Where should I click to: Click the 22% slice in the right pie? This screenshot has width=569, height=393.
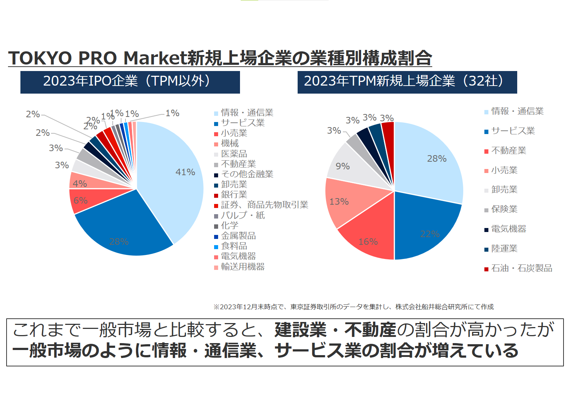(x=427, y=226)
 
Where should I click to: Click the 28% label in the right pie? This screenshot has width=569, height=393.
(x=437, y=159)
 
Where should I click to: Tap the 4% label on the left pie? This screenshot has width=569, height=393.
(x=80, y=184)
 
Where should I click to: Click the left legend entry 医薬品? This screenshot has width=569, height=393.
(x=234, y=154)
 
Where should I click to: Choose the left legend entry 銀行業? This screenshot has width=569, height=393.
(x=234, y=194)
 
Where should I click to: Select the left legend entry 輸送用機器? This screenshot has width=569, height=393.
(x=243, y=267)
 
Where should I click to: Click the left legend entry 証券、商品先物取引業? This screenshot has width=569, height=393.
(x=264, y=205)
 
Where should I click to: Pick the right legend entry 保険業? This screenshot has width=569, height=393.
(x=504, y=209)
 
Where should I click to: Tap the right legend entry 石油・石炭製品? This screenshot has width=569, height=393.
(x=522, y=268)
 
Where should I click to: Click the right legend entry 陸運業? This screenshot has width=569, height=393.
(x=504, y=249)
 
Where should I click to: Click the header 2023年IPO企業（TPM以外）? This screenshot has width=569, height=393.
(x=130, y=82)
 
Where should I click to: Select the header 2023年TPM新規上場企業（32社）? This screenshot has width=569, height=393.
(x=407, y=82)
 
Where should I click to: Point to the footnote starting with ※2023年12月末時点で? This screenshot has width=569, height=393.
(x=353, y=307)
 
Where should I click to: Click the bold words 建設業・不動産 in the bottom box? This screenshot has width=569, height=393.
(x=335, y=330)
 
